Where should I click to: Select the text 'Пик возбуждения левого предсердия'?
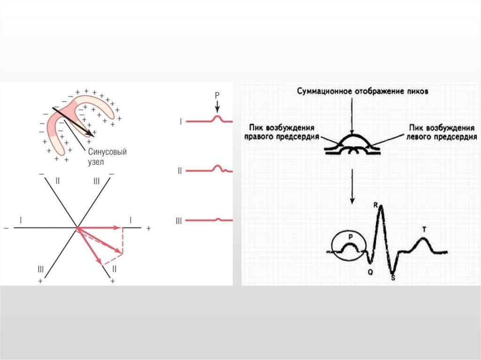click(x=442, y=132)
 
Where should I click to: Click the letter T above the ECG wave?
click(x=424, y=229)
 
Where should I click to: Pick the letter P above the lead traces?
click(x=217, y=95)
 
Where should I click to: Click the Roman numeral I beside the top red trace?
click(x=181, y=122)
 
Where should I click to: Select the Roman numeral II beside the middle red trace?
click(x=179, y=171)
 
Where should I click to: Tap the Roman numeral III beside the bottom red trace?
click(x=178, y=220)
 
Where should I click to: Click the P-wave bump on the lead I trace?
click(x=217, y=118)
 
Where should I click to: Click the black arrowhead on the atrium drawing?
click(x=89, y=133)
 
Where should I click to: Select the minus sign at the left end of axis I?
click(x=6, y=228)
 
